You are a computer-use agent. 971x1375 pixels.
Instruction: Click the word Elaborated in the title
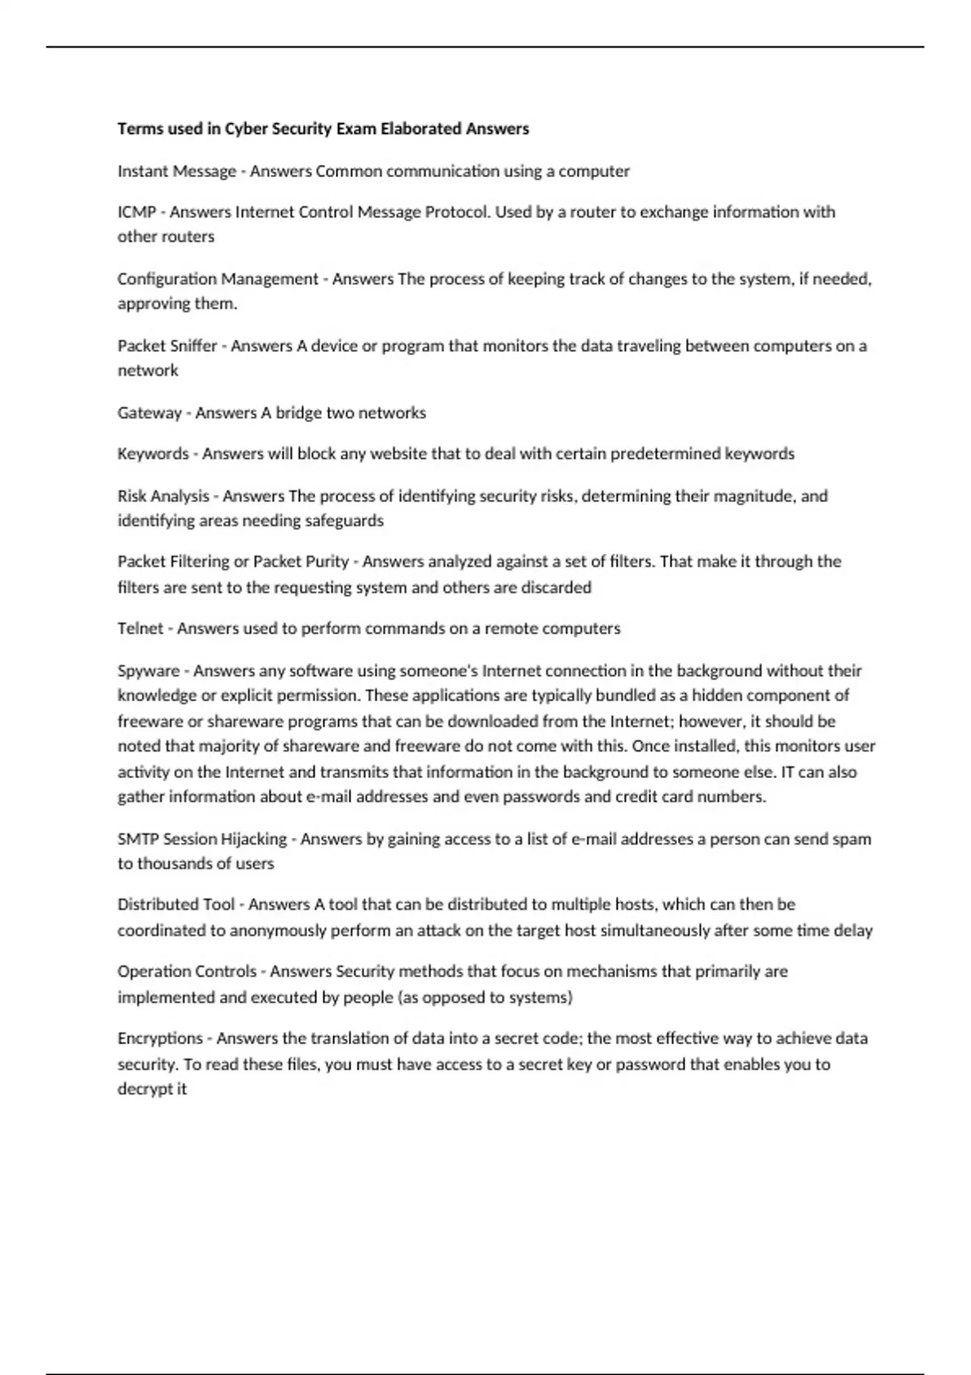(x=422, y=129)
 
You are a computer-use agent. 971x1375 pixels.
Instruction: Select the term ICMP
(x=136, y=212)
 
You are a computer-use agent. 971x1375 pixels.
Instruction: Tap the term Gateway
(x=149, y=412)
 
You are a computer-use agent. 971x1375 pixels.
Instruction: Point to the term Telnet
(x=140, y=628)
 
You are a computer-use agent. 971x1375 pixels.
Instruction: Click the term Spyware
(x=148, y=671)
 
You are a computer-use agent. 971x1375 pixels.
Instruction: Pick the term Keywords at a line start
(x=153, y=454)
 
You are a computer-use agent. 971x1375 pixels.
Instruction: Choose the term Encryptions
(x=159, y=1039)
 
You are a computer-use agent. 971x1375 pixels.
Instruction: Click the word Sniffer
(x=191, y=346)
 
